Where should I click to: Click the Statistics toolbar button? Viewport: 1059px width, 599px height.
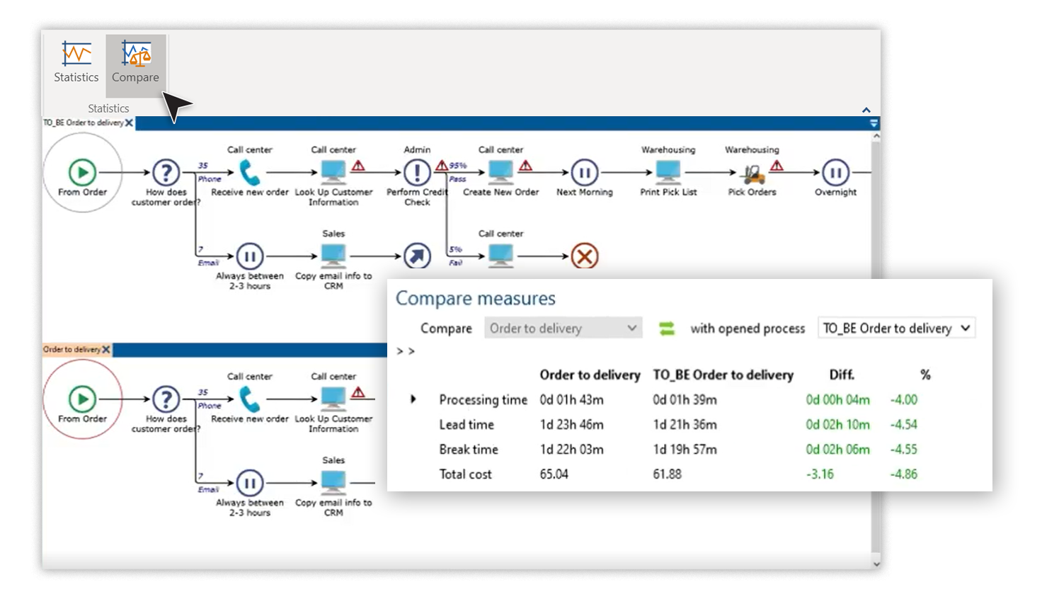coord(76,63)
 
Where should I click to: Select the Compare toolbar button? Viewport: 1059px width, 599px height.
coord(135,63)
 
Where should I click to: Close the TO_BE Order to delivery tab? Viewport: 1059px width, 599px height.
coord(130,122)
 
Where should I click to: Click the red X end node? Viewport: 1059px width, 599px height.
coord(584,256)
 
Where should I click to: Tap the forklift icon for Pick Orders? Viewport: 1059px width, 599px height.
coord(752,173)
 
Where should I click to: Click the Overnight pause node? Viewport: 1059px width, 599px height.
coord(835,172)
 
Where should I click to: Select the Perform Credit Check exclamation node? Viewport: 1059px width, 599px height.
coord(417,172)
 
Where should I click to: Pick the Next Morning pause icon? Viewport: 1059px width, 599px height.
coord(584,172)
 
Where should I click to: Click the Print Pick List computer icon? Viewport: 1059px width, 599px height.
coord(668,172)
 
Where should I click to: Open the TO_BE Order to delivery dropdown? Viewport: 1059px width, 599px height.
coord(896,329)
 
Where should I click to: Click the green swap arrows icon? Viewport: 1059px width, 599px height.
coord(666,329)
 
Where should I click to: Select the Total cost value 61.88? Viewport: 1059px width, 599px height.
coord(667,474)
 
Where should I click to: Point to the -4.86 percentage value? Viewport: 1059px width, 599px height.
coord(903,474)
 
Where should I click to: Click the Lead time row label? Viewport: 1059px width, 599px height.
coord(466,425)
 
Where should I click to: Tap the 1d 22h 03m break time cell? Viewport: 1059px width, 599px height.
coord(571,450)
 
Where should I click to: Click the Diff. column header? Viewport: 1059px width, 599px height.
coord(842,375)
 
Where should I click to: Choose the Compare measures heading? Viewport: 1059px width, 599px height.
coord(475,299)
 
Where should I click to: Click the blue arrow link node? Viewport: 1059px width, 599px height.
coord(417,256)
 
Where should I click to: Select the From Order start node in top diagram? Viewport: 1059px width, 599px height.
coord(82,172)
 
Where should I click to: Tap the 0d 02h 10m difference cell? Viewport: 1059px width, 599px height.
coord(837,425)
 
